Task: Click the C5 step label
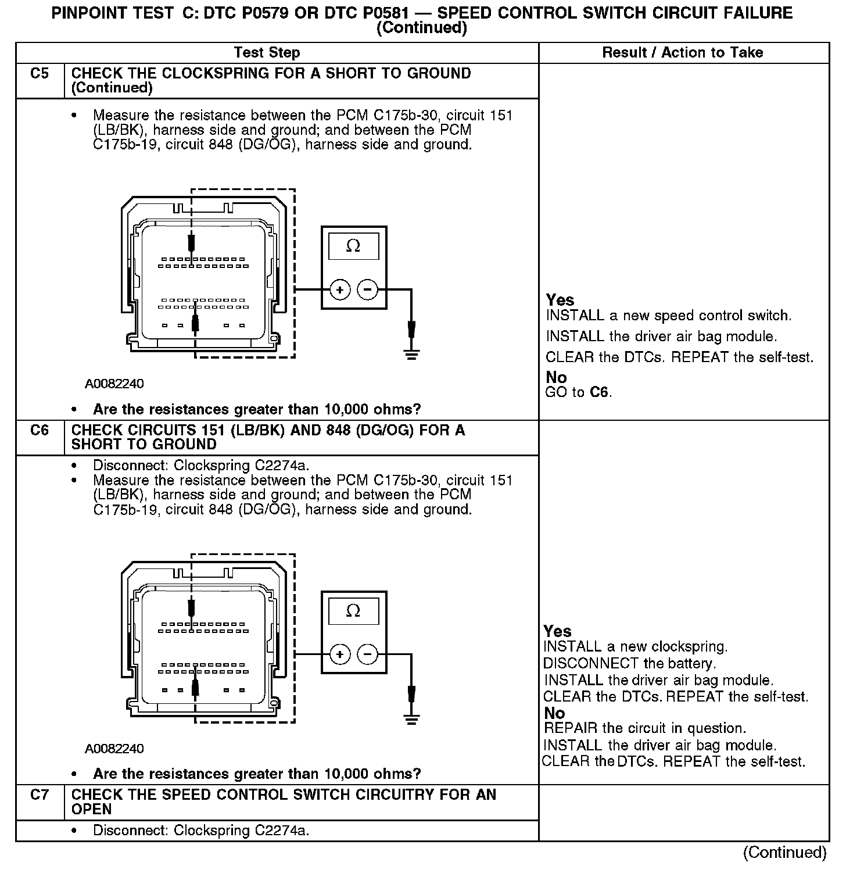coord(40,74)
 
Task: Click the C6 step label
coord(40,431)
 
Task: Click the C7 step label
coord(40,795)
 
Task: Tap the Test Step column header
coord(267,53)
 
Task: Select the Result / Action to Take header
coord(682,53)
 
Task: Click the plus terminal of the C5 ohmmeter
coord(340,289)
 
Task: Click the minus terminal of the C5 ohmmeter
coord(367,289)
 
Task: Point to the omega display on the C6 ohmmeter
coord(353,611)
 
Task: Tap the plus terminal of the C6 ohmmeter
coord(340,655)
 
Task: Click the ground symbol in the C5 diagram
coord(411,353)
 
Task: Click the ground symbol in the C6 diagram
coord(411,719)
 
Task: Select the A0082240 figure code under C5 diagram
coord(114,384)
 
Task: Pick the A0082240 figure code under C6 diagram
coord(114,749)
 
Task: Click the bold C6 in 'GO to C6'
coord(599,392)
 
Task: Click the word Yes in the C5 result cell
coord(560,300)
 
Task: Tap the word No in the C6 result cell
coord(555,713)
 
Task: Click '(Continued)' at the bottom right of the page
coord(784,853)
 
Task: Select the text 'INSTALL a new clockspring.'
coord(635,647)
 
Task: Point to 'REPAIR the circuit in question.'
coord(645,728)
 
